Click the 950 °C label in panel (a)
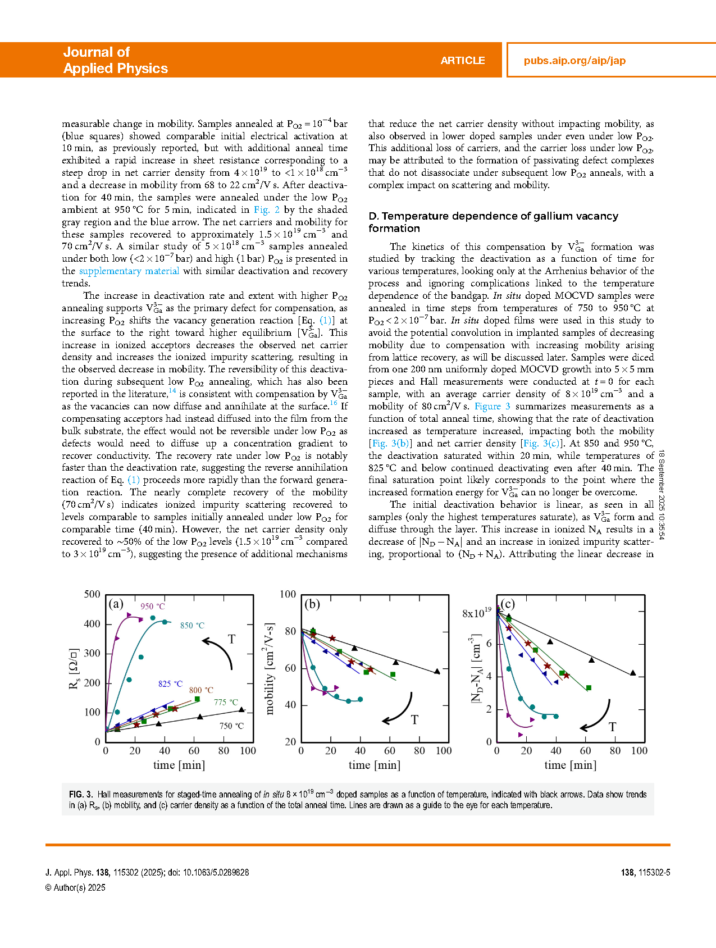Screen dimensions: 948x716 pos(153,607)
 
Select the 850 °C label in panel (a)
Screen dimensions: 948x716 pos(192,626)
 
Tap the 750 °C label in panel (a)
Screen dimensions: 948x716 pos(231,726)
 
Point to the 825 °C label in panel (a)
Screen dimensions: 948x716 pos(170,684)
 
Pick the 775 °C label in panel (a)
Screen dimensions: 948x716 pos(226,703)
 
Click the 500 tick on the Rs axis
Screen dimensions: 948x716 pos(92,594)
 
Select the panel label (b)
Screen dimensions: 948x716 pos(312,604)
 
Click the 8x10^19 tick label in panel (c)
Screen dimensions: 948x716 pos(477,613)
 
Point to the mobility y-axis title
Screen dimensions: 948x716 pos(270,668)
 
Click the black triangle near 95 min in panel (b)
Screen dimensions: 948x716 pos(437,671)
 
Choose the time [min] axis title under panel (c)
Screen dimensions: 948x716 pos(570,765)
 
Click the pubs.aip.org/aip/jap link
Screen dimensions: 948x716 pos(574,61)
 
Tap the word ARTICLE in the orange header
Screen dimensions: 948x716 pos(463,61)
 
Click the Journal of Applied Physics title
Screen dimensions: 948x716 pos(115,60)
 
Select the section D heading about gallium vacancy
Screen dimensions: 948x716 pos(493,222)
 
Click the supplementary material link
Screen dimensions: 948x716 pos(129,271)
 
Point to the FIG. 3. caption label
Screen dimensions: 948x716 pos(81,795)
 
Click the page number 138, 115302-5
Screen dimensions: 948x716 pos(645,873)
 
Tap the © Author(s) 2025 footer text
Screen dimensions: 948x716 pos(75,888)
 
